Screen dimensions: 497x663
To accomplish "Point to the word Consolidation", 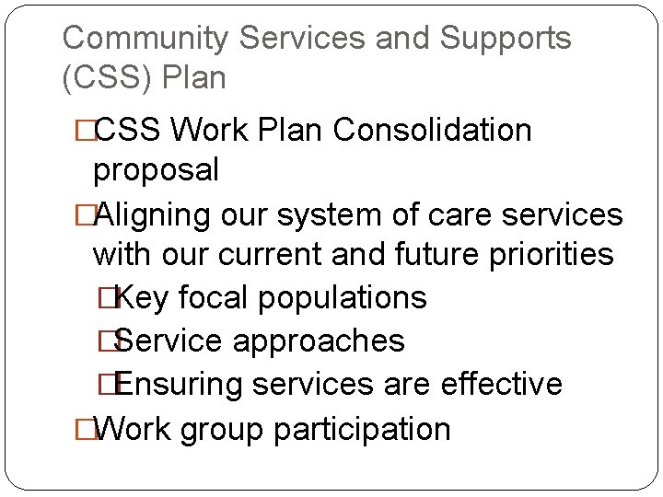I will pos(432,131).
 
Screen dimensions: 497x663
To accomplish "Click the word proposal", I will pos(156,171).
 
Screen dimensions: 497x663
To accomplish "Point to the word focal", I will pos(211,298).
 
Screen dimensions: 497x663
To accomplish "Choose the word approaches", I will pos(319,341).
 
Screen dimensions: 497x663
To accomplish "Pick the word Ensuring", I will pos(180,385).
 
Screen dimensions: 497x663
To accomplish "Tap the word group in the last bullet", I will pos(211,430).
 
